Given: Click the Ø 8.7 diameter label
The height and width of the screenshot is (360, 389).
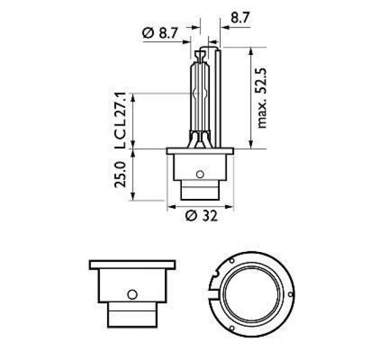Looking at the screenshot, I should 159,34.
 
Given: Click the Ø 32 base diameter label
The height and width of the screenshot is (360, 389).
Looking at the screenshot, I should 200,215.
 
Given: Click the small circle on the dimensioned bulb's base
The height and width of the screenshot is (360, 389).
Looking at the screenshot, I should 199,174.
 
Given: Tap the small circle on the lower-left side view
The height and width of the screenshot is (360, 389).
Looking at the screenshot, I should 132,294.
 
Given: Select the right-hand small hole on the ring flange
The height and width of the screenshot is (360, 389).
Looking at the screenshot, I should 291,294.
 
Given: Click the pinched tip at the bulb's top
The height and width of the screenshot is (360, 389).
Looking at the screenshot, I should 200,55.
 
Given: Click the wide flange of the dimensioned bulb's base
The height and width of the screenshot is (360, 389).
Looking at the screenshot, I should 200,151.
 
